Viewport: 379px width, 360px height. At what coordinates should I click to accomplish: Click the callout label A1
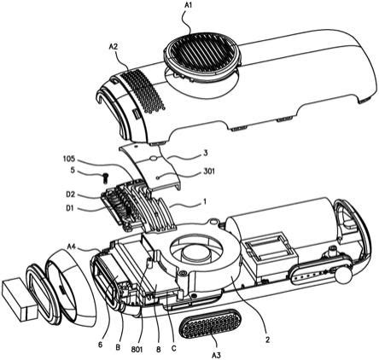(x=189, y=4)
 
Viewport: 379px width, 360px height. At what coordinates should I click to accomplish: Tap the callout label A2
(x=114, y=47)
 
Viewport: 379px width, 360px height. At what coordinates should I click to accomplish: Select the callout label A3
(x=216, y=355)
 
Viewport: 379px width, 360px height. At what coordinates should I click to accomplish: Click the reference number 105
(x=69, y=158)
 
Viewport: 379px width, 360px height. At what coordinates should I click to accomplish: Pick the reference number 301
(x=209, y=171)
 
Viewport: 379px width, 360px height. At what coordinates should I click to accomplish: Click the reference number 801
(x=137, y=349)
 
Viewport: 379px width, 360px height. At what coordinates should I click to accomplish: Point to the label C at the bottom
(x=174, y=348)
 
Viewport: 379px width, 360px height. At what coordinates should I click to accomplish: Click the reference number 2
(x=267, y=340)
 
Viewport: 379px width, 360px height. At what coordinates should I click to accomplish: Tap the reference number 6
(x=100, y=344)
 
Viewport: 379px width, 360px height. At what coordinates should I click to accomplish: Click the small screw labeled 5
(x=106, y=178)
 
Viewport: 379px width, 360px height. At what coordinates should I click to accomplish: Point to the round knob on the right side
(x=344, y=274)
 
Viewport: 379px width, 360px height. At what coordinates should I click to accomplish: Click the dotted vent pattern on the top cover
(x=141, y=90)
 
